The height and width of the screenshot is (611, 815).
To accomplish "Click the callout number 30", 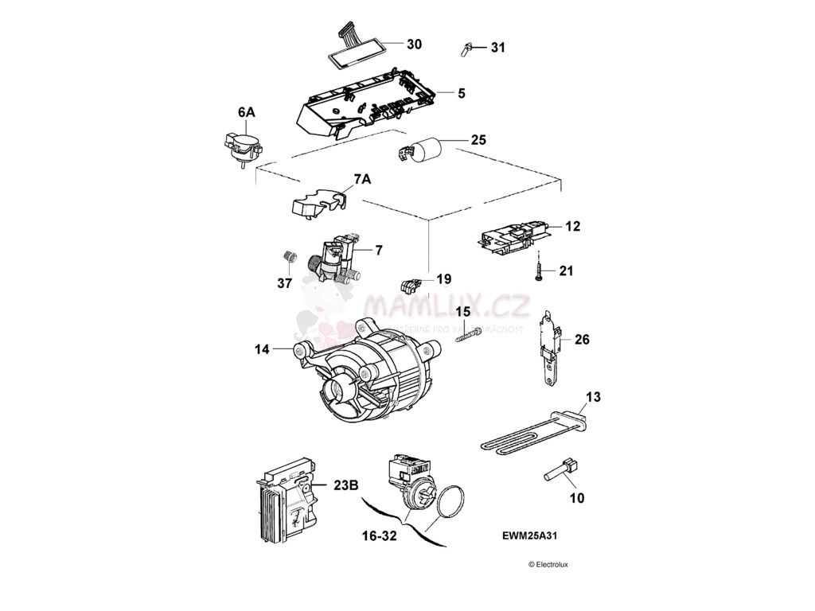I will [414, 43].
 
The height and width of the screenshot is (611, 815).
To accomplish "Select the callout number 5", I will [461, 93].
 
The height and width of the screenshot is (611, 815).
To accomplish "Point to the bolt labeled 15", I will [468, 334].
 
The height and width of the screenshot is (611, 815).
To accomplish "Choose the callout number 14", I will [262, 348].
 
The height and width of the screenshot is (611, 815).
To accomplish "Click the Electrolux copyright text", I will [548, 565].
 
